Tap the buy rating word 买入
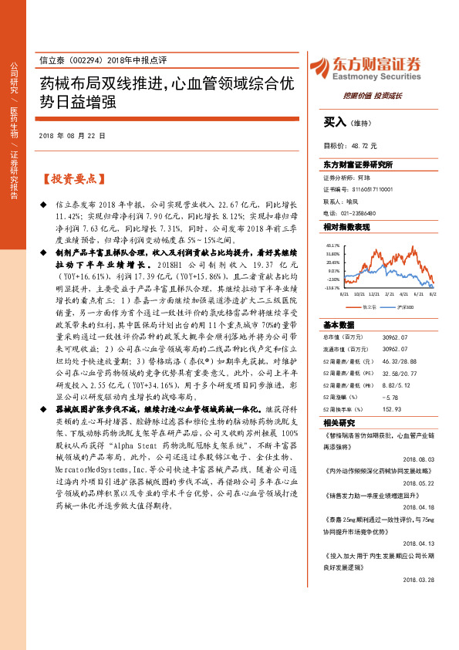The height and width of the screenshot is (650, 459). point(334,121)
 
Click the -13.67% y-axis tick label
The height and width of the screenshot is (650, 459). point(332,288)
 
